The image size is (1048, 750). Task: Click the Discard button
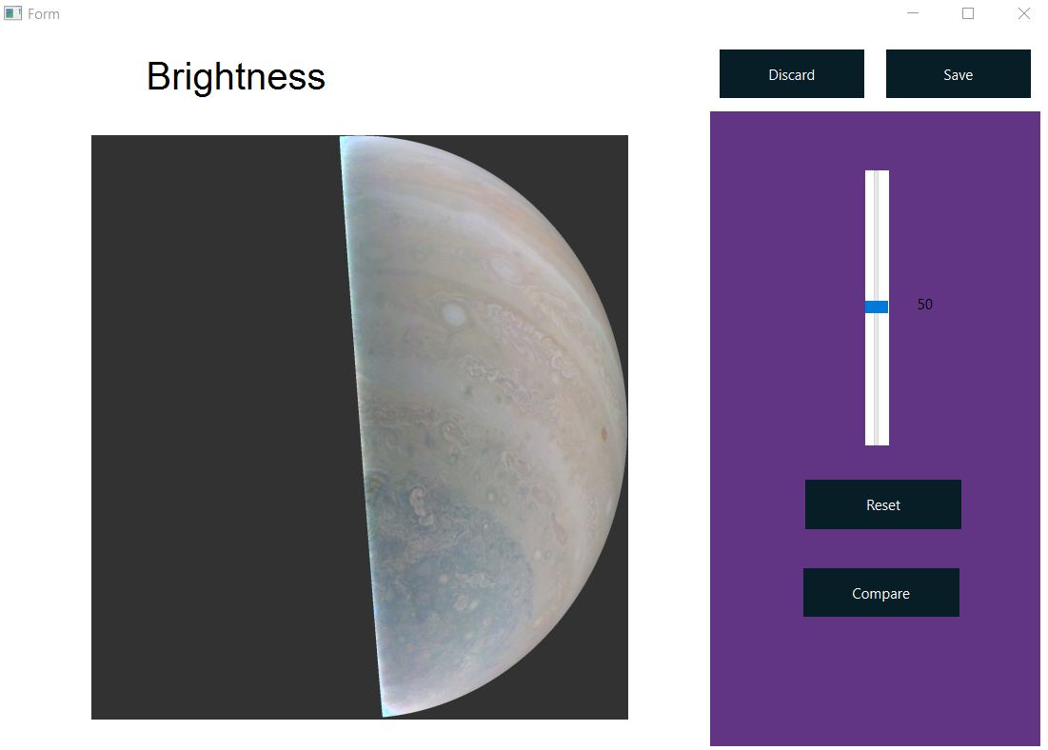click(x=791, y=74)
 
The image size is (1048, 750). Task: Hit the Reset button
click(x=882, y=504)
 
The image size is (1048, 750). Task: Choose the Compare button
click(x=880, y=593)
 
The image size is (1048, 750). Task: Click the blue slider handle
click(x=877, y=306)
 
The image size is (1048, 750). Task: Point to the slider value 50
click(x=925, y=305)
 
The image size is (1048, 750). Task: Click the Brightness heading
click(x=236, y=76)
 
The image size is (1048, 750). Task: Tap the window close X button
click(x=1024, y=13)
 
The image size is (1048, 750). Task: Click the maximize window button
click(x=968, y=13)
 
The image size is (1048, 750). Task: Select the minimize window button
click(x=913, y=13)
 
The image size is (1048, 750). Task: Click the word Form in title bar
click(x=44, y=14)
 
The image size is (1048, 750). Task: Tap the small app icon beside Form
click(x=12, y=14)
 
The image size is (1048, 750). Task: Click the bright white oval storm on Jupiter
click(x=454, y=313)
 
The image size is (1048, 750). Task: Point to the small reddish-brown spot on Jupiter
click(x=603, y=434)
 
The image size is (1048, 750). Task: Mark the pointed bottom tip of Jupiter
click(x=383, y=715)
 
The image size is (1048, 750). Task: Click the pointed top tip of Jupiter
click(x=342, y=138)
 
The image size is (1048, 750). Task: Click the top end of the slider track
click(x=877, y=174)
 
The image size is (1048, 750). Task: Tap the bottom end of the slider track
click(x=877, y=442)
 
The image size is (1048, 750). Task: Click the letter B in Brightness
click(x=158, y=77)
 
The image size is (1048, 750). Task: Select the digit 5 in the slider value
click(x=921, y=305)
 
